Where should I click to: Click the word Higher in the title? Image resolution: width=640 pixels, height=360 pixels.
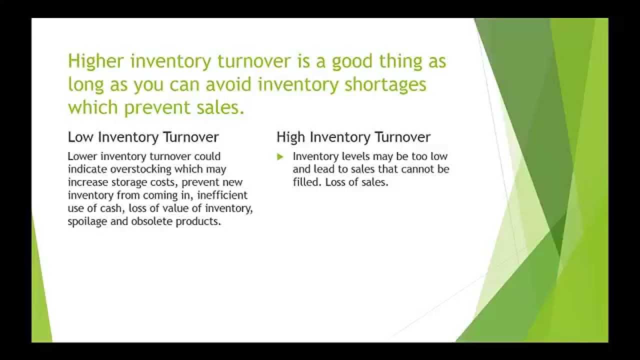point(95,61)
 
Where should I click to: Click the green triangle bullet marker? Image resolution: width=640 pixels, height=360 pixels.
point(280,156)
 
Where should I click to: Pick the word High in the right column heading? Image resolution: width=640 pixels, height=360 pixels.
point(290,137)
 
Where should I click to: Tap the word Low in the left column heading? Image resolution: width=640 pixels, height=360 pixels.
point(80,137)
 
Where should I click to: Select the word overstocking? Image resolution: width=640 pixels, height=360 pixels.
point(140,169)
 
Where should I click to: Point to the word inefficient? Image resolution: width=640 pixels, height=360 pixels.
point(222,195)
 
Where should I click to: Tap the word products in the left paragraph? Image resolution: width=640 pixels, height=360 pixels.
point(198,221)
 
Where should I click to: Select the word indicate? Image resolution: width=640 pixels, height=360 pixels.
point(87,169)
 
